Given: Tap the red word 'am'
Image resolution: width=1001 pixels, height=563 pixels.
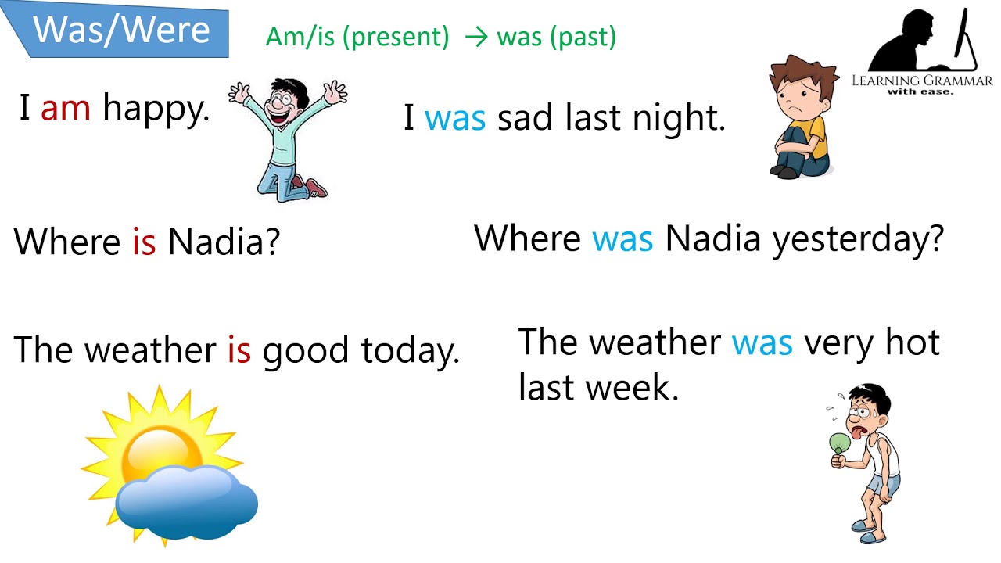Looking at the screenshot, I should [66, 108].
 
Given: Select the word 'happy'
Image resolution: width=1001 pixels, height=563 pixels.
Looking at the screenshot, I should [156, 109].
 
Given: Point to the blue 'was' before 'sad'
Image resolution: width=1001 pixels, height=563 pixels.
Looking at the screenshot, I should [455, 119].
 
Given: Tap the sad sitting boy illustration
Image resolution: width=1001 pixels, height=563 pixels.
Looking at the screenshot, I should [800, 117].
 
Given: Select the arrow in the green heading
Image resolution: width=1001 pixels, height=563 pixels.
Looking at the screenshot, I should [475, 37].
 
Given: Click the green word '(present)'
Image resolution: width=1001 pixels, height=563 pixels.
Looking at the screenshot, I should [396, 38].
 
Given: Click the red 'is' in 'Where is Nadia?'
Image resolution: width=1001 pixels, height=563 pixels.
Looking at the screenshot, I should [144, 242].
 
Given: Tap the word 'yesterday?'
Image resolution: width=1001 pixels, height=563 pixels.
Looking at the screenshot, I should [859, 239].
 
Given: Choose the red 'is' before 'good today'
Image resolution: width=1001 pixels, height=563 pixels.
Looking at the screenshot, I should [239, 350].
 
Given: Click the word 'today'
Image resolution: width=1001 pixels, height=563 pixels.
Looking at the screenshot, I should [409, 351].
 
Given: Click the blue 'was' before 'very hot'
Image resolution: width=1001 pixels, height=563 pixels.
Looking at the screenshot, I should [762, 343].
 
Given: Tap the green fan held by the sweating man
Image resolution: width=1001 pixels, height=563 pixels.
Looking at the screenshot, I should [840, 443].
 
